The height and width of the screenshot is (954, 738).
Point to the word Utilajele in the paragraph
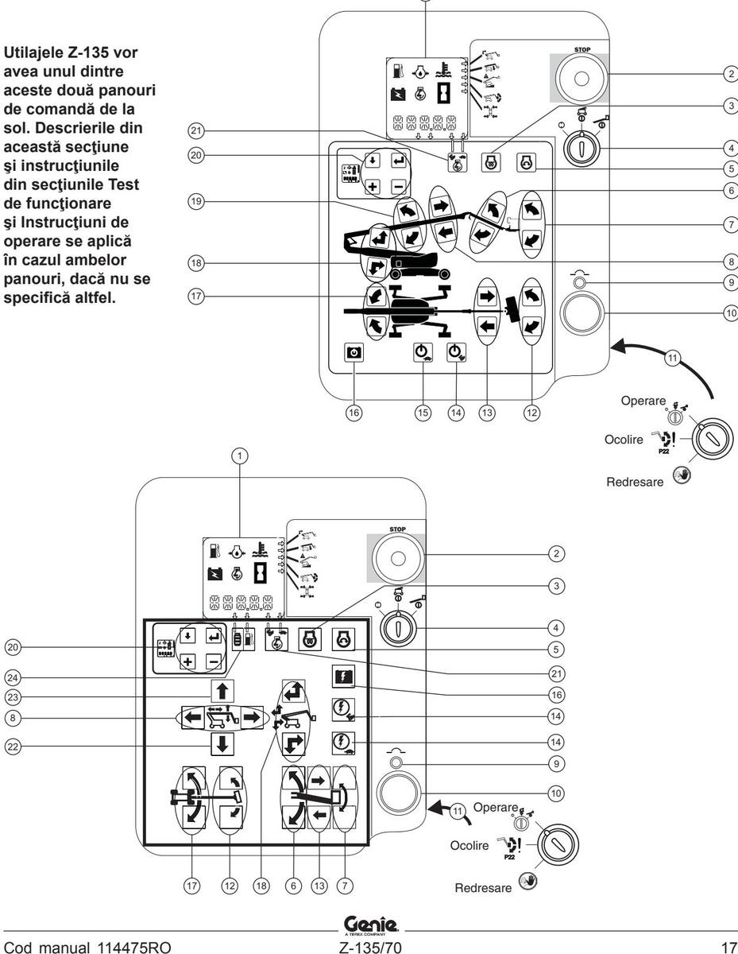(x=31, y=53)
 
